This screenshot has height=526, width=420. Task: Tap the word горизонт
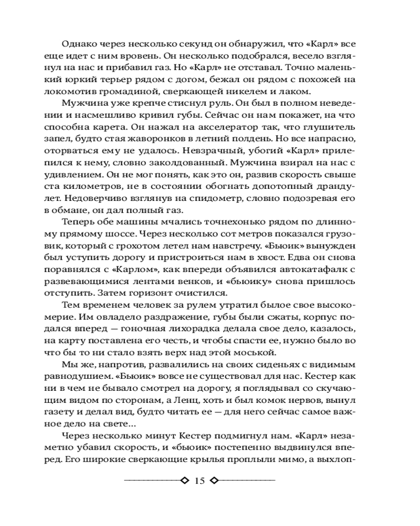(154, 295)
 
